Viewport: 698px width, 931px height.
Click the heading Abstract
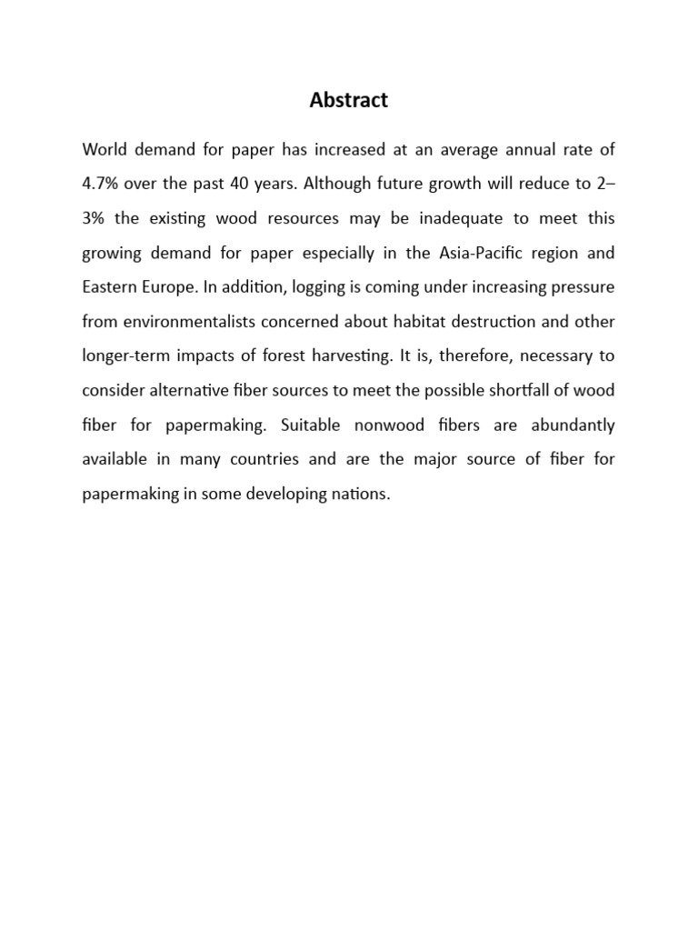(x=348, y=101)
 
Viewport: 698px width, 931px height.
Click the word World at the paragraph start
(x=104, y=149)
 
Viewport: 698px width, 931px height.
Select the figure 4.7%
(x=99, y=184)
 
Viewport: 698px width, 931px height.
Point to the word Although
(x=336, y=184)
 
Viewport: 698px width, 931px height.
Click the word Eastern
(x=109, y=287)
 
